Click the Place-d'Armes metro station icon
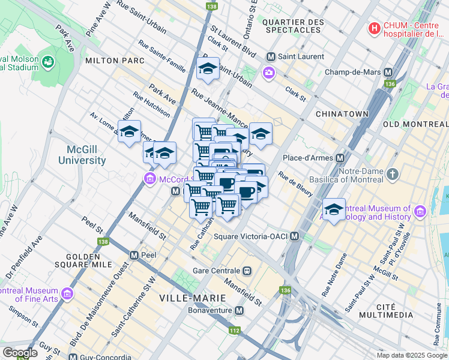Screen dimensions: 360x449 340,158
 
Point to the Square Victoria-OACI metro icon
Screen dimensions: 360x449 294,236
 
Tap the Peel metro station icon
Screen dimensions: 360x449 134,255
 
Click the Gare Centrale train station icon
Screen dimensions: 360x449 246,271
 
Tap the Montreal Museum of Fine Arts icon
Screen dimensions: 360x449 67,293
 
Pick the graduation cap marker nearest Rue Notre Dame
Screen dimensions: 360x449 334,209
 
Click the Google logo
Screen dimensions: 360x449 20,353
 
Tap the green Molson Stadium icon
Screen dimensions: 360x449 47,62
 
